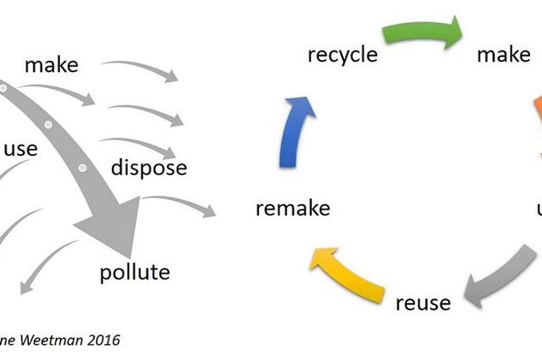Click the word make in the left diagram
tap(50, 65)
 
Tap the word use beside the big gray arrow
tap(20, 149)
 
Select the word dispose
tap(149, 167)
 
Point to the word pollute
tap(135, 272)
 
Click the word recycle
tap(341, 56)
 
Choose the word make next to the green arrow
tap(503, 55)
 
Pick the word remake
tap(292, 208)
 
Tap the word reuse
tap(423, 302)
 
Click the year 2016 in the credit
tap(100, 341)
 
